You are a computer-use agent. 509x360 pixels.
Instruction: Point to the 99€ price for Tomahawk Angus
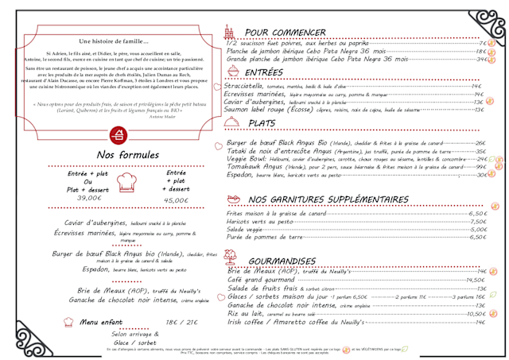click(x=480, y=167)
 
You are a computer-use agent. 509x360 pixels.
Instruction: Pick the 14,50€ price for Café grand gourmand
click(x=475, y=281)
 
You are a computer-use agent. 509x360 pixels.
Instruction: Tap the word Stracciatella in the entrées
click(x=245, y=85)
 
